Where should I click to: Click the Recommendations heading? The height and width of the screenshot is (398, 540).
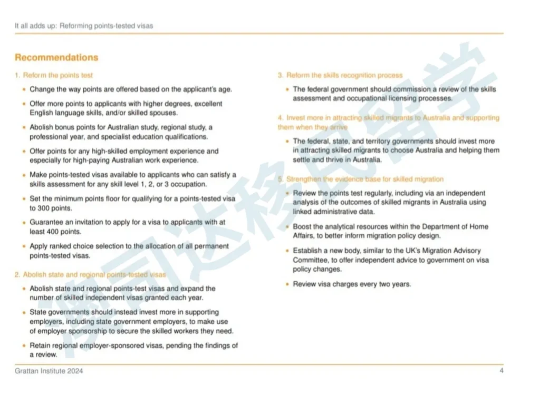point(56,57)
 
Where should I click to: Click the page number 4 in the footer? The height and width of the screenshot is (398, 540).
point(502,371)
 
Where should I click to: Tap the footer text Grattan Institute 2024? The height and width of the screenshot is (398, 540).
point(49,371)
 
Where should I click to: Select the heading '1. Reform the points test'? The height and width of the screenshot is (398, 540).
point(54,75)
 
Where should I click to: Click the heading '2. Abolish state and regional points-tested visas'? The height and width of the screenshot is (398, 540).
point(90,274)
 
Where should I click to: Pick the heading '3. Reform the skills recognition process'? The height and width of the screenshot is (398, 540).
point(340,75)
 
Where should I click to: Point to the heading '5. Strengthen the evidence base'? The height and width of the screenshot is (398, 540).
point(361,179)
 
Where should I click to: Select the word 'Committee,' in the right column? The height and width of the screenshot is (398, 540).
point(310,260)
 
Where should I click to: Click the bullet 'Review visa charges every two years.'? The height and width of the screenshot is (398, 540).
point(352,284)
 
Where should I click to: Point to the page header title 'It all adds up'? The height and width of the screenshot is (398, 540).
point(35,25)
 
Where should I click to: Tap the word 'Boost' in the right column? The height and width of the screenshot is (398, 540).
point(303,226)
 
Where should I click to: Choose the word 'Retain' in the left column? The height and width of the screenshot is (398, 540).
point(40,345)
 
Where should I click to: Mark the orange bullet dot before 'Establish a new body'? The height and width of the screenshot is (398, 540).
point(287,251)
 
